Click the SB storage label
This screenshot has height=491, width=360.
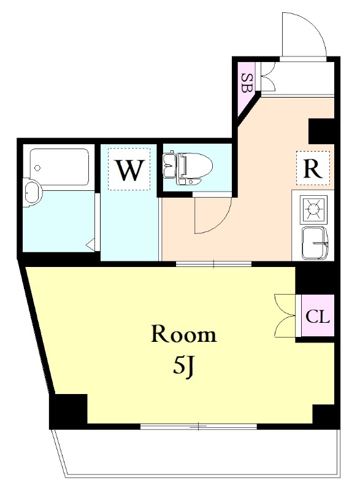pos(247,83)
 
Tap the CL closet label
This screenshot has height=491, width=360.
pos(318,317)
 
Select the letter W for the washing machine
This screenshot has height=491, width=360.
pos(130,170)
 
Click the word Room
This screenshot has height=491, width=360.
pos(184,334)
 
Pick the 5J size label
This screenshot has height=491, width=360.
pos(184,366)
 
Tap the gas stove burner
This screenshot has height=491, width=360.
pos(313,209)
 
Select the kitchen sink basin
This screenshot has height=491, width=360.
pos(315,243)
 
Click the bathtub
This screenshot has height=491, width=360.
pos(59,168)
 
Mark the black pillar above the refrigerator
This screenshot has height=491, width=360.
pos(321,131)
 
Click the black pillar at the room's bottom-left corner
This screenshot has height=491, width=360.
pos(69,411)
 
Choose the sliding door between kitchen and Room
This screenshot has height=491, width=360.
pos(213,264)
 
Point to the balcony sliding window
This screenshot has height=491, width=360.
pos(199,426)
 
